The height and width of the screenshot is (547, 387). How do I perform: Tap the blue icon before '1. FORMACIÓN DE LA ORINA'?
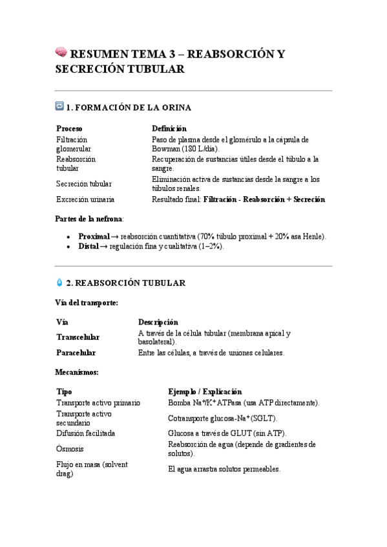[60, 106]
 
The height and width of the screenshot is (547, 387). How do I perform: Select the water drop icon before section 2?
[60, 282]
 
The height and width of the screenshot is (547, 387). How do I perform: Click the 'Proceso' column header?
[69, 128]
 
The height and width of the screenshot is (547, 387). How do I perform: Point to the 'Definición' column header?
[169, 128]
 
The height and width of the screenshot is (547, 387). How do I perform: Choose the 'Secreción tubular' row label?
[84, 184]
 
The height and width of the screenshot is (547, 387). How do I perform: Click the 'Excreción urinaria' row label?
[85, 199]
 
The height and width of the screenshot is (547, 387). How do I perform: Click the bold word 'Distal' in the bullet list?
[89, 246]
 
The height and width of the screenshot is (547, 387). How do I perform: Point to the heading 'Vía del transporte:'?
[87, 303]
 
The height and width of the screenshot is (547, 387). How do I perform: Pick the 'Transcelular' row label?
[78, 337]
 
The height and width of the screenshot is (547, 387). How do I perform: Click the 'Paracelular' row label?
[76, 353]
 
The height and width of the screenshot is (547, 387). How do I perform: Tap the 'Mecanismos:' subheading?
[77, 372]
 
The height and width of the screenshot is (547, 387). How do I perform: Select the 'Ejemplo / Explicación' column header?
[205, 392]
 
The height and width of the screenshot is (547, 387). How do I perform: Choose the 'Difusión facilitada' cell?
[86, 433]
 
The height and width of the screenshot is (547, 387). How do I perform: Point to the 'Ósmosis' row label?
[70, 449]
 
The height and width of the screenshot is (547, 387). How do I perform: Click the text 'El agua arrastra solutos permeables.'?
[224, 469]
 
